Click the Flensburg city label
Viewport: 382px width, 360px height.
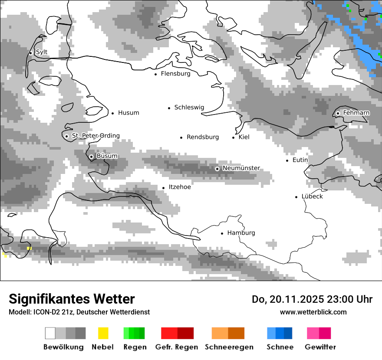(x=175, y=74)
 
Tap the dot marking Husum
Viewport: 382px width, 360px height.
(x=112, y=113)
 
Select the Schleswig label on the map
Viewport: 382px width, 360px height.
(x=189, y=108)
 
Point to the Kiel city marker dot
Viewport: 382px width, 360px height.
(x=234, y=137)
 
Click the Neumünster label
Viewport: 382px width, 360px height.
(x=241, y=168)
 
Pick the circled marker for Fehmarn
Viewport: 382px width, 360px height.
(x=338, y=113)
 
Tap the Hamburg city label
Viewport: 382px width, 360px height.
(x=241, y=233)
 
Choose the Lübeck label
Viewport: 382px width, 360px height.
(x=312, y=196)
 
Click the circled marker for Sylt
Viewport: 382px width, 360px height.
(x=31, y=53)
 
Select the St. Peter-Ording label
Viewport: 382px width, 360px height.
(x=95, y=136)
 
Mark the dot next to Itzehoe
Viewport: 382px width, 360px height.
(x=164, y=188)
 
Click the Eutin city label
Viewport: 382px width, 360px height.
(x=300, y=160)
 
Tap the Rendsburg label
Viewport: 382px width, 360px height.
(x=203, y=137)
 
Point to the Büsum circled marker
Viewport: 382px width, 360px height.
(x=91, y=157)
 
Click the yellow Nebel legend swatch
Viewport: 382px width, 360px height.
(x=103, y=333)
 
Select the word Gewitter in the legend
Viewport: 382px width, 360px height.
(x=320, y=347)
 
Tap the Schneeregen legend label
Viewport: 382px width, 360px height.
(x=228, y=347)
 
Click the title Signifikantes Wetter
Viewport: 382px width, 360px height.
(x=72, y=299)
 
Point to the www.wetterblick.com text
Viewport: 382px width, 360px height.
(x=313, y=312)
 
